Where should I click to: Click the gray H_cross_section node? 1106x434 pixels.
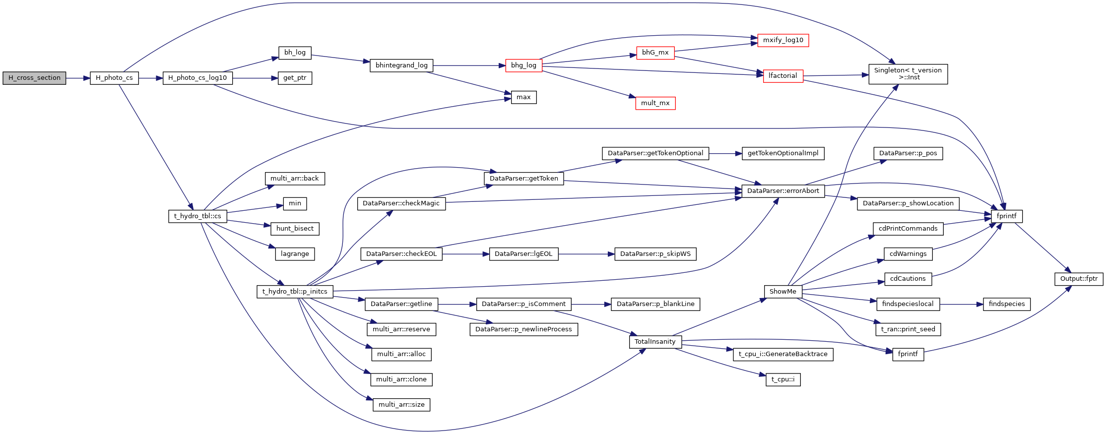coord(34,78)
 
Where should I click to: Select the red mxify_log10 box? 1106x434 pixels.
coord(783,40)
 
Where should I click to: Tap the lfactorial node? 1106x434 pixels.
coord(782,76)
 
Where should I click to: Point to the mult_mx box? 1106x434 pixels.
coord(655,103)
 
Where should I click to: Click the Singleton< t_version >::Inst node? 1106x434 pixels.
coord(908,74)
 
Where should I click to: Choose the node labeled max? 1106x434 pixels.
coord(523,97)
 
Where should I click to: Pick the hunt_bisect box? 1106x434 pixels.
coord(295,229)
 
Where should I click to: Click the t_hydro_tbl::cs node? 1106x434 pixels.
coord(197,216)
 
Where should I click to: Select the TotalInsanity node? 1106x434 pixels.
coord(655,342)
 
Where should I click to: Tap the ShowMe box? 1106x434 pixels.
coord(782,292)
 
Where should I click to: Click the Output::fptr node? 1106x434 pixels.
coord(1079,279)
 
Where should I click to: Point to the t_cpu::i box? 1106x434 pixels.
coord(783,380)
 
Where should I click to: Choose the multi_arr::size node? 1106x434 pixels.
coord(401,405)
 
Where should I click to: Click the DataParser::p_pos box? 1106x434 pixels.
coord(908,153)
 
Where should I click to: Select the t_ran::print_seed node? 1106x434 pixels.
coord(908,329)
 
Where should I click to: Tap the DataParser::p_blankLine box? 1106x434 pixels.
coord(655,304)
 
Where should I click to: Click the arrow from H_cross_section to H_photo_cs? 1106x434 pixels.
coord(77,78)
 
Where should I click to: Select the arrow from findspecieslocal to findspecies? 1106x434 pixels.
coord(961,304)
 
